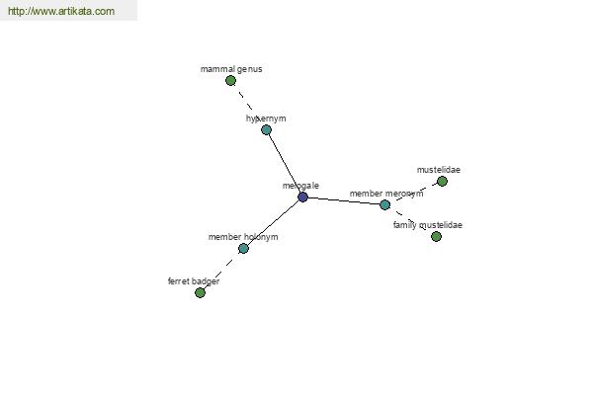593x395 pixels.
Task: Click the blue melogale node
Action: tap(302, 197)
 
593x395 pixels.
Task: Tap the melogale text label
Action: tap(300, 186)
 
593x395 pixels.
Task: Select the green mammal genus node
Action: tap(230, 81)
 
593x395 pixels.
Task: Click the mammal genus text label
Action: tap(231, 69)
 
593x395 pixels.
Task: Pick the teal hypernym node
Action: tap(266, 130)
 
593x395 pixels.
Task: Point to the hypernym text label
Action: tap(266, 118)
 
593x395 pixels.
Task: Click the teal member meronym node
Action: tap(385, 204)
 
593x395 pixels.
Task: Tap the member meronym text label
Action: tap(386, 194)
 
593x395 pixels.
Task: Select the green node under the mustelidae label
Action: tap(442, 182)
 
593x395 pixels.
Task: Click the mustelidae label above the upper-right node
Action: tap(439, 170)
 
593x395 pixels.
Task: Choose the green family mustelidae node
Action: tap(436, 237)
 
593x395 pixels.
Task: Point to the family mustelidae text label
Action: tap(428, 225)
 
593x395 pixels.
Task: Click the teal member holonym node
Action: tap(243, 248)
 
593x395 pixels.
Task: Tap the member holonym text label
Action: tap(243, 237)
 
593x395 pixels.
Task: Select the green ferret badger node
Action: tap(200, 292)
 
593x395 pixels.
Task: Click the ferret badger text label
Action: tap(194, 281)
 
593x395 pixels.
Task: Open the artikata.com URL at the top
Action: tap(61, 11)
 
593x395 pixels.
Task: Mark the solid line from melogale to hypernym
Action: tap(285, 164)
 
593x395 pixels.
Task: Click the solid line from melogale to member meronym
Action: tap(344, 201)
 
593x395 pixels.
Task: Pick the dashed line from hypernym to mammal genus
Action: tap(248, 105)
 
